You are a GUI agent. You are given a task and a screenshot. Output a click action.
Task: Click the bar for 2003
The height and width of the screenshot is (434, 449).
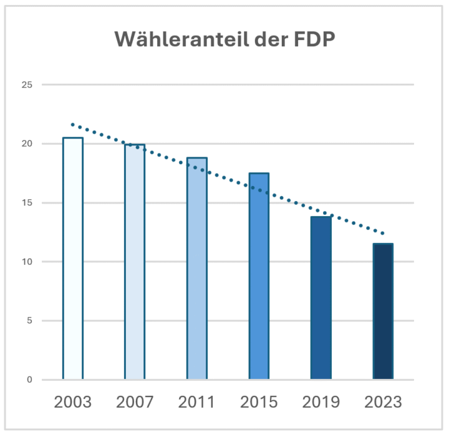tap(72, 259)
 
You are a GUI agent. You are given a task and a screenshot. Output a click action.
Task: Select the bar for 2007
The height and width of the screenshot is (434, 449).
tap(135, 262)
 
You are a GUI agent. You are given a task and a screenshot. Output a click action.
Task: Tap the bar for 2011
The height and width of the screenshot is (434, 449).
tap(196, 269)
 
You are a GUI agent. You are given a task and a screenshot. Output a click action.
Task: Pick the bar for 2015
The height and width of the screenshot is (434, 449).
tap(259, 276)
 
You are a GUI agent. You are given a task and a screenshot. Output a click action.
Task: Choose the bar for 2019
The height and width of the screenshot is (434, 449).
tap(321, 298)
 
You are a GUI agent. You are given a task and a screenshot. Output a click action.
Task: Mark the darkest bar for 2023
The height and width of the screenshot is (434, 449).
tap(383, 312)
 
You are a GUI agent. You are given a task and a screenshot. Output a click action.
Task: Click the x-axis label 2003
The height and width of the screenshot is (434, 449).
tap(72, 402)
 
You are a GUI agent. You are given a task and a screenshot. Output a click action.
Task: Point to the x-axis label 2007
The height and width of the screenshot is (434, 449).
tap(135, 402)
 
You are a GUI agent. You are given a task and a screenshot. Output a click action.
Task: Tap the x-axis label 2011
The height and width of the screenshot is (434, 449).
tap(196, 402)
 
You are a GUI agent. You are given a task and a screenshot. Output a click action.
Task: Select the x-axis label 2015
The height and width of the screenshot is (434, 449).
tap(259, 402)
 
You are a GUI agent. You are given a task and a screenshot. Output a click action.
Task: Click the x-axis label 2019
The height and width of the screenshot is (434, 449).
tap(321, 402)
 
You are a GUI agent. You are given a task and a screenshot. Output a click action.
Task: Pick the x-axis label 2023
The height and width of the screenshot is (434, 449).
tap(383, 402)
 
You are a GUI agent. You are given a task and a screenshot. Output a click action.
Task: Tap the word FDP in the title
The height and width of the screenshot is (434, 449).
tap(314, 39)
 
